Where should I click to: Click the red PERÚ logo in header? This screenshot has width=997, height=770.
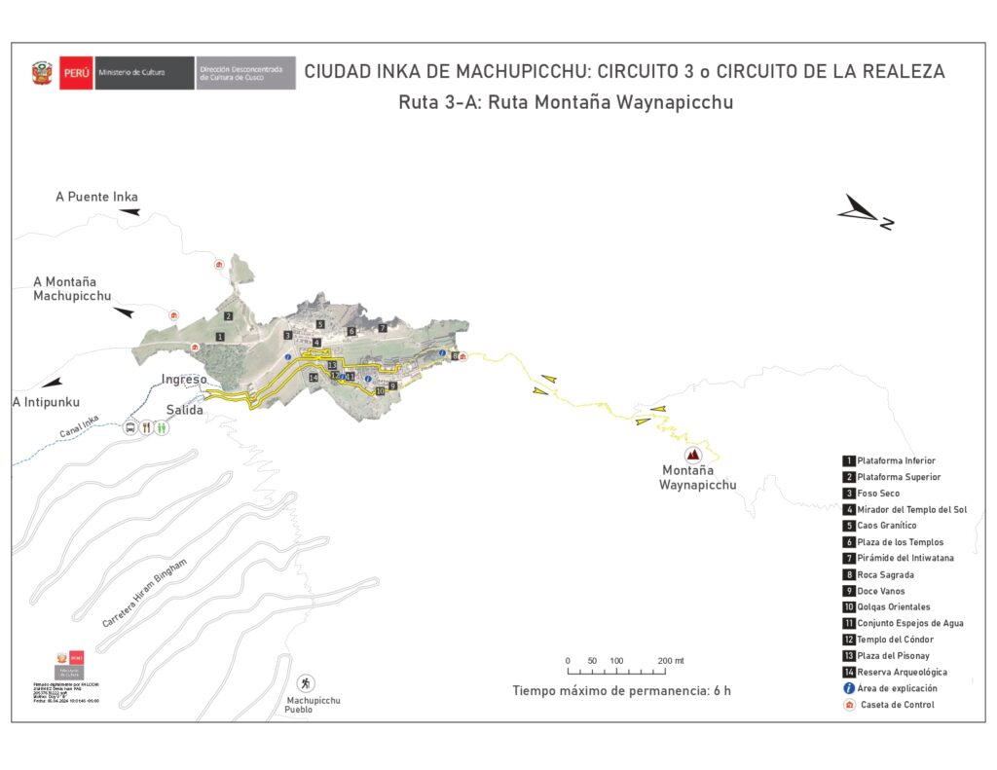[x=76, y=72]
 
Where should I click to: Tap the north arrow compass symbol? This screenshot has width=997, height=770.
[x=865, y=213]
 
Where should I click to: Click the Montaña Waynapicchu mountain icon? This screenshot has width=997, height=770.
[x=693, y=455]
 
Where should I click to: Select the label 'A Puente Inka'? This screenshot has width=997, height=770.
[x=96, y=197]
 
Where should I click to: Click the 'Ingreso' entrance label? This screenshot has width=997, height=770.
[x=184, y=380]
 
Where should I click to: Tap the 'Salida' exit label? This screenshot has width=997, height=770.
[x=184, y=410]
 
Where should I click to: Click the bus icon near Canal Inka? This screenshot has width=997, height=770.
[x=129, y=427]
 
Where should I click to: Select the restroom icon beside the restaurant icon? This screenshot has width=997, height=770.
[x=162, y=427]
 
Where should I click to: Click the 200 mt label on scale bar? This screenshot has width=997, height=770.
[x=671, y=661]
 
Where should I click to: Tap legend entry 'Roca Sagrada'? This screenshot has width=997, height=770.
[x=885, y=575]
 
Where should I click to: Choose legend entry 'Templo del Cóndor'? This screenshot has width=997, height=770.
[x=895, y=640]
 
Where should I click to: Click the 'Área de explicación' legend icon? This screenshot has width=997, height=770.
[x=849, y=688]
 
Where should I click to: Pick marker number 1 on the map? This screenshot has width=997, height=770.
[x=221, y=337]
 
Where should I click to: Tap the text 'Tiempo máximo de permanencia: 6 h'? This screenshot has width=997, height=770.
[x=621, y=691]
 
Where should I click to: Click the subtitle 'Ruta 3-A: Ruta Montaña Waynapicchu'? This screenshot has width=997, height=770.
[x=565, y=102]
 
